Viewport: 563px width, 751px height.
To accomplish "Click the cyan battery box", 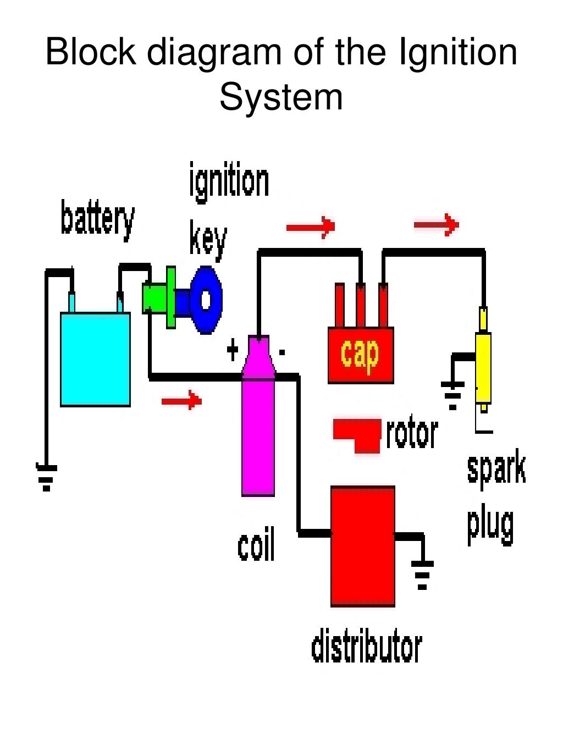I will pyautogui.click(x=95, y=360).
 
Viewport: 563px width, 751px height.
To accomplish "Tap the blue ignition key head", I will pyautogui.click(x=206, y=300).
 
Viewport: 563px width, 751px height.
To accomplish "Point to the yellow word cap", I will pyautogui.click(x=360, y=354).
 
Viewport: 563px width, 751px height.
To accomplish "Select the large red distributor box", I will pyautogui.click(x=363, y=546).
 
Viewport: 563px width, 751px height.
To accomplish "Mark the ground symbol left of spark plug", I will pyautogui.click(x=452, y=395).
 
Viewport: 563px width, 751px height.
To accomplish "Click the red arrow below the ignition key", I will pyautogui.click(x=181, y=400).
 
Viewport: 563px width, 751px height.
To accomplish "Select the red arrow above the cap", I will pyautogui.click(x=311, y=225).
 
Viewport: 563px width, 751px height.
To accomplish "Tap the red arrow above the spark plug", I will pyautogui.click(x=437, y=224).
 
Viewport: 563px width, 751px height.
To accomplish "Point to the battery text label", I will pyautogui.click(x=97, y=220).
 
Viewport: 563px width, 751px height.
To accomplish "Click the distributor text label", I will pyautogui.click(x=366, y=647).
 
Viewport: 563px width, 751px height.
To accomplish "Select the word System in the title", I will pyautogui.click(x=281, y=97).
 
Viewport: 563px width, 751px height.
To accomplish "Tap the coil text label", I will pyautogui.click(x=256, y=545).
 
